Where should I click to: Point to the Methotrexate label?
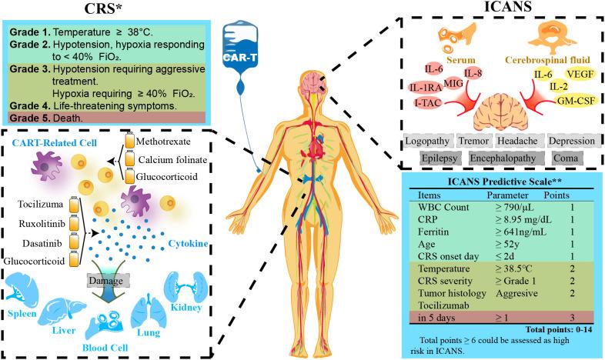[x=178, y=143]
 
